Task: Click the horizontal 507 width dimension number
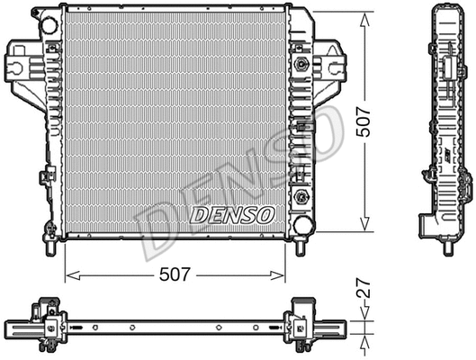pos(174,274)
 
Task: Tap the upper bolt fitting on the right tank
pos(301,66)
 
